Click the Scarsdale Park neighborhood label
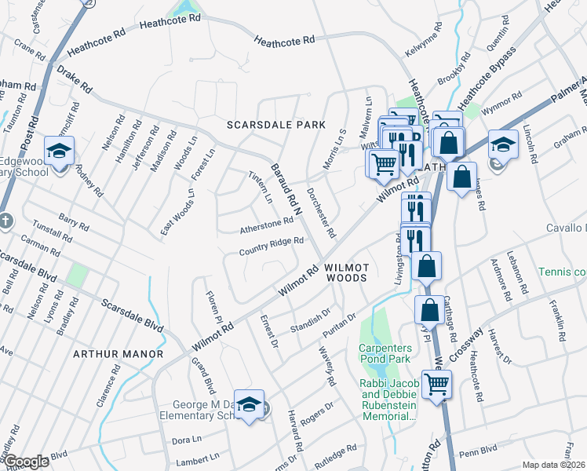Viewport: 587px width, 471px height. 275,125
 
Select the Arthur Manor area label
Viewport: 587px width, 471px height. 118,354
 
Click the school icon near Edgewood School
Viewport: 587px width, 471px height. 59,150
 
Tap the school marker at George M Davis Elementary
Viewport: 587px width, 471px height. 249,404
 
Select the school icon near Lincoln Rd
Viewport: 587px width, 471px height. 503,144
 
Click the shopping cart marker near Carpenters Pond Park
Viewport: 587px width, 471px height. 436,385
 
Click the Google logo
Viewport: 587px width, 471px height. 27,462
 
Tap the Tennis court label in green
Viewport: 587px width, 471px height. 562,272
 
